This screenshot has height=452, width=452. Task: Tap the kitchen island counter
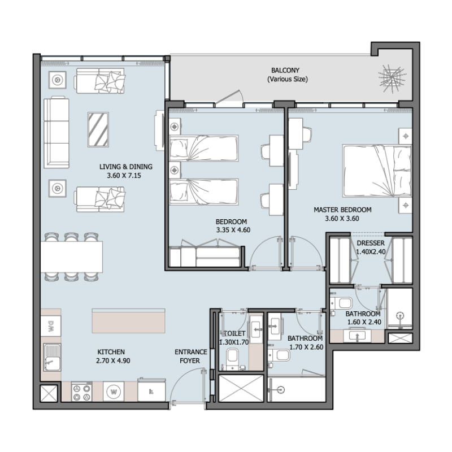(x=129, y=320)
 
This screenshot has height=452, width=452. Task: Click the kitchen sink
(x=52, y=358)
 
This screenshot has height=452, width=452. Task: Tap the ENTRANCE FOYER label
(x=191, y=357)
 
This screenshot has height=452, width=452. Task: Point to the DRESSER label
(x=371, y=244)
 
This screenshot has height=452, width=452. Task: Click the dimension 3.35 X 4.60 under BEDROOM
(x=232, y=231)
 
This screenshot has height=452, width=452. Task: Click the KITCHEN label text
(x=111, y=351)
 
